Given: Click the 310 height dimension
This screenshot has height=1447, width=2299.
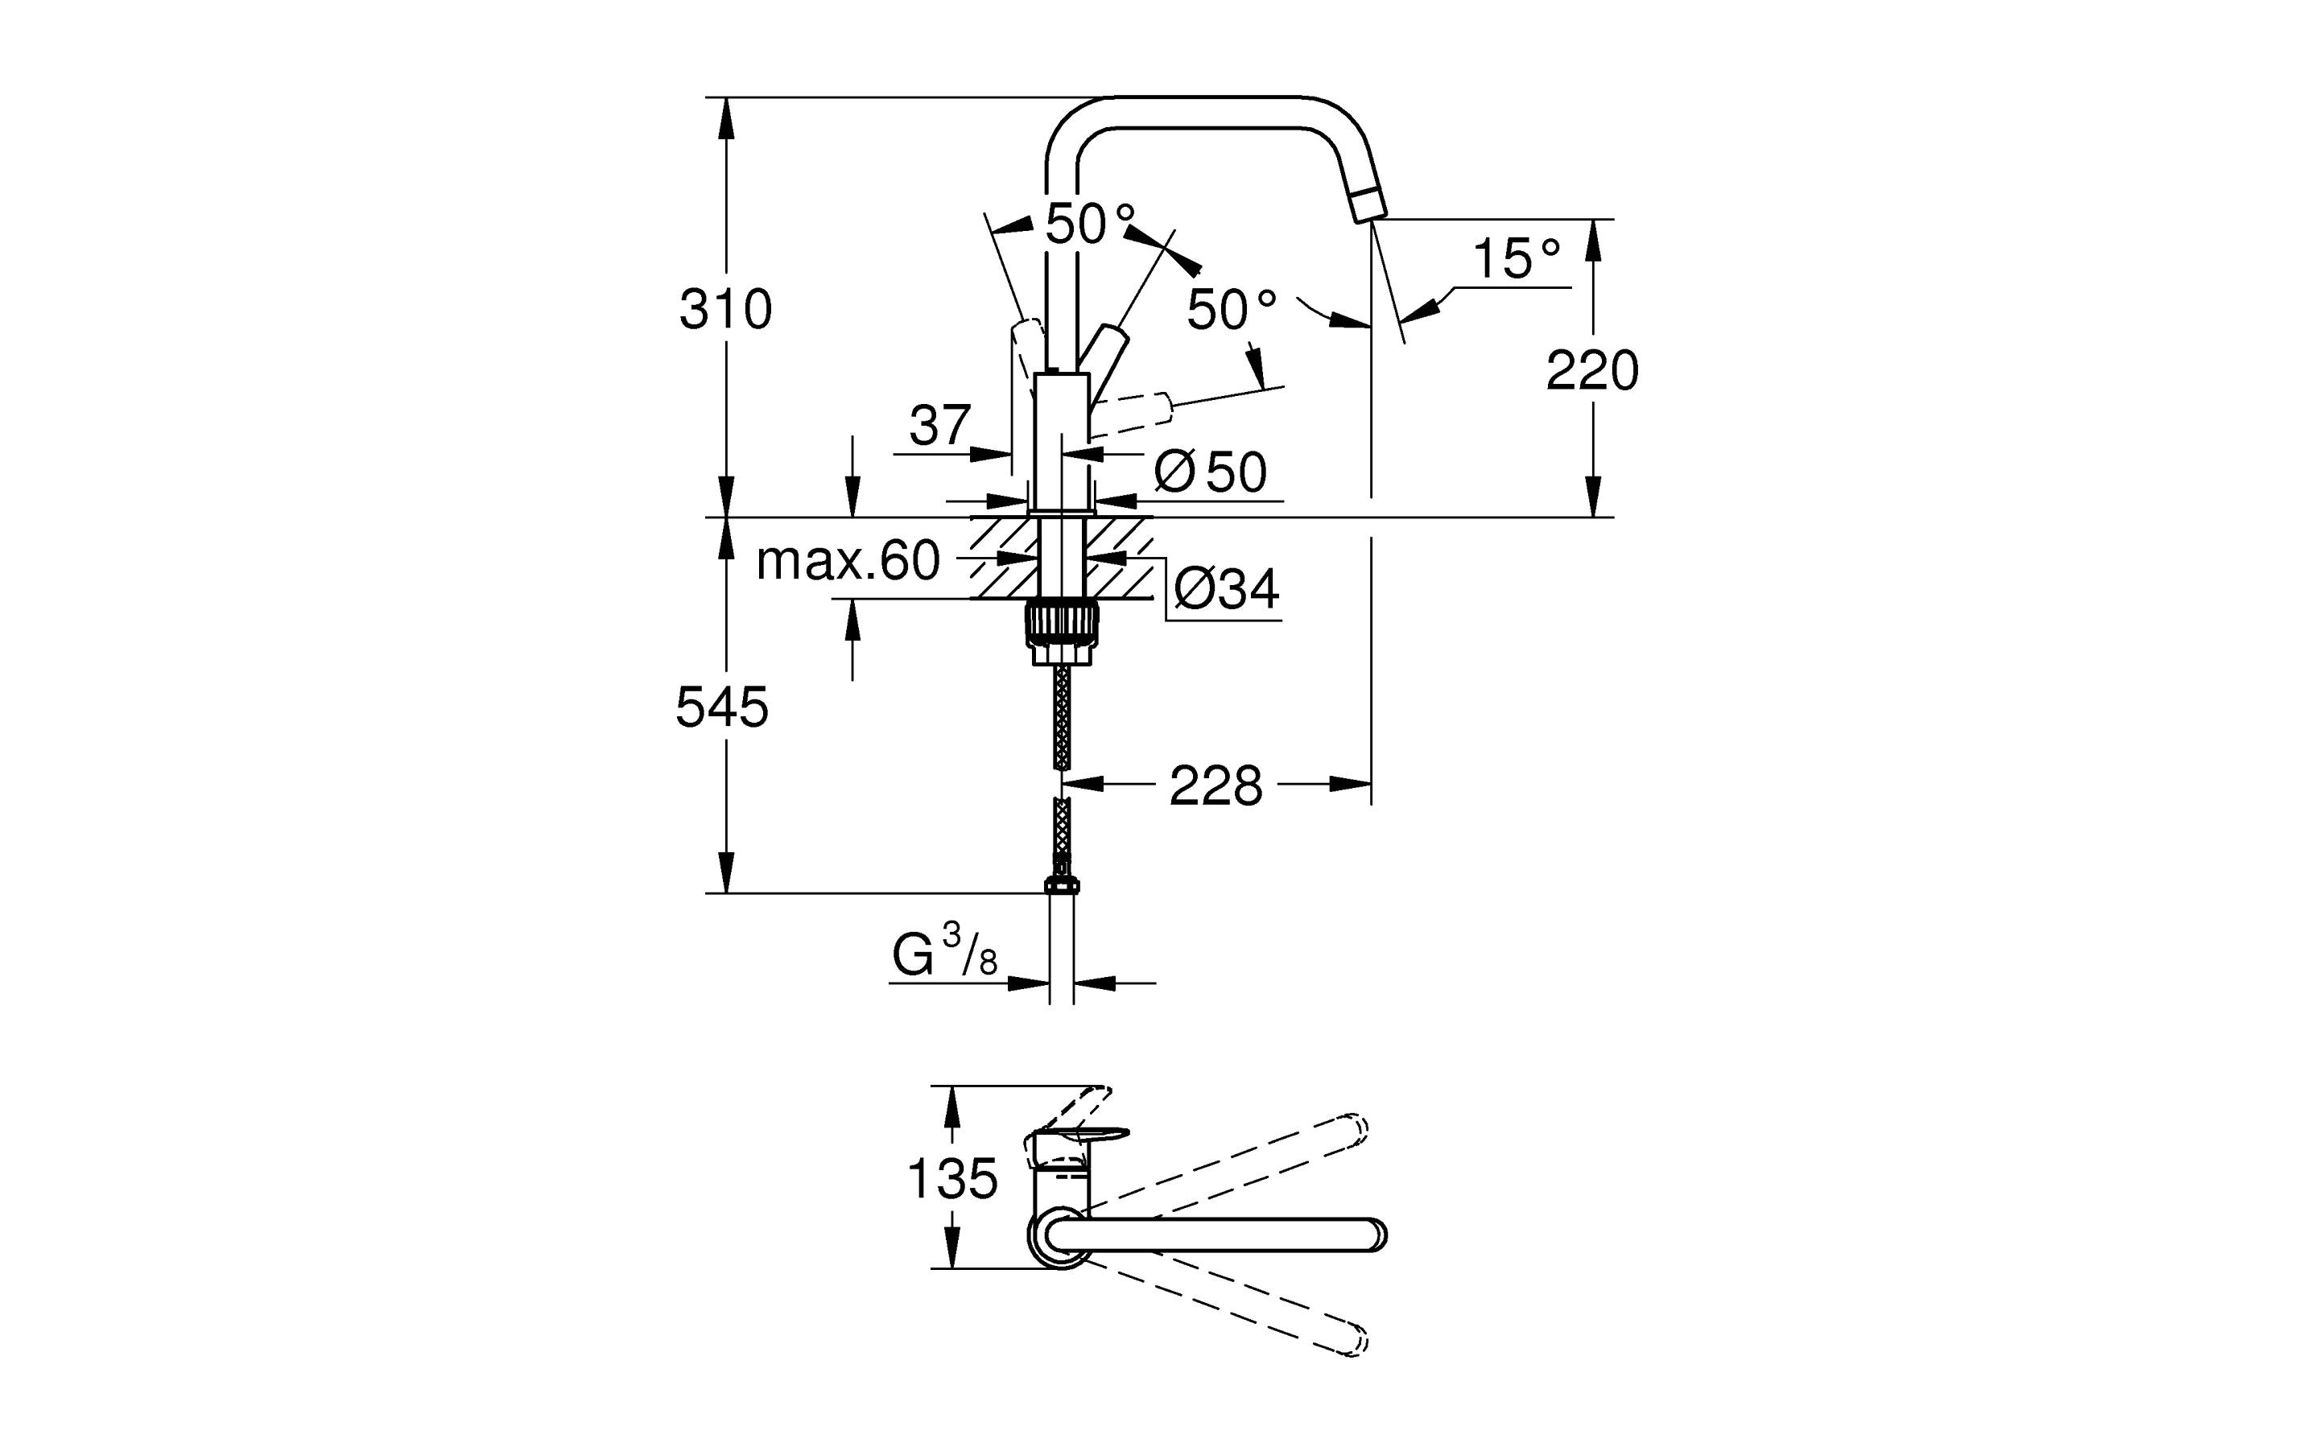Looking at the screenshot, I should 725,309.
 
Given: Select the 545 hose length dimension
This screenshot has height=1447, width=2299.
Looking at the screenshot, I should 722,707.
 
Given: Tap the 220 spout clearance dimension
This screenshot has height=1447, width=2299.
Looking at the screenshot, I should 1591,370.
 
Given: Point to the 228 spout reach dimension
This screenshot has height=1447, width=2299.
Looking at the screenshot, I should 1216,785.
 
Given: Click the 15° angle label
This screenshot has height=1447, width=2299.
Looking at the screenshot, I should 1516,258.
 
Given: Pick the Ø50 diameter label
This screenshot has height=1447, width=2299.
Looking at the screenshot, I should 1210,471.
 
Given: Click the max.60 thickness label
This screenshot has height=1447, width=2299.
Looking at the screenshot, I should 847,560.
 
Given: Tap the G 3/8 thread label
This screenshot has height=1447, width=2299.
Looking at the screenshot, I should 944,954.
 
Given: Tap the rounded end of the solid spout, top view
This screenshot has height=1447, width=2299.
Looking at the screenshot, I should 1375,1235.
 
